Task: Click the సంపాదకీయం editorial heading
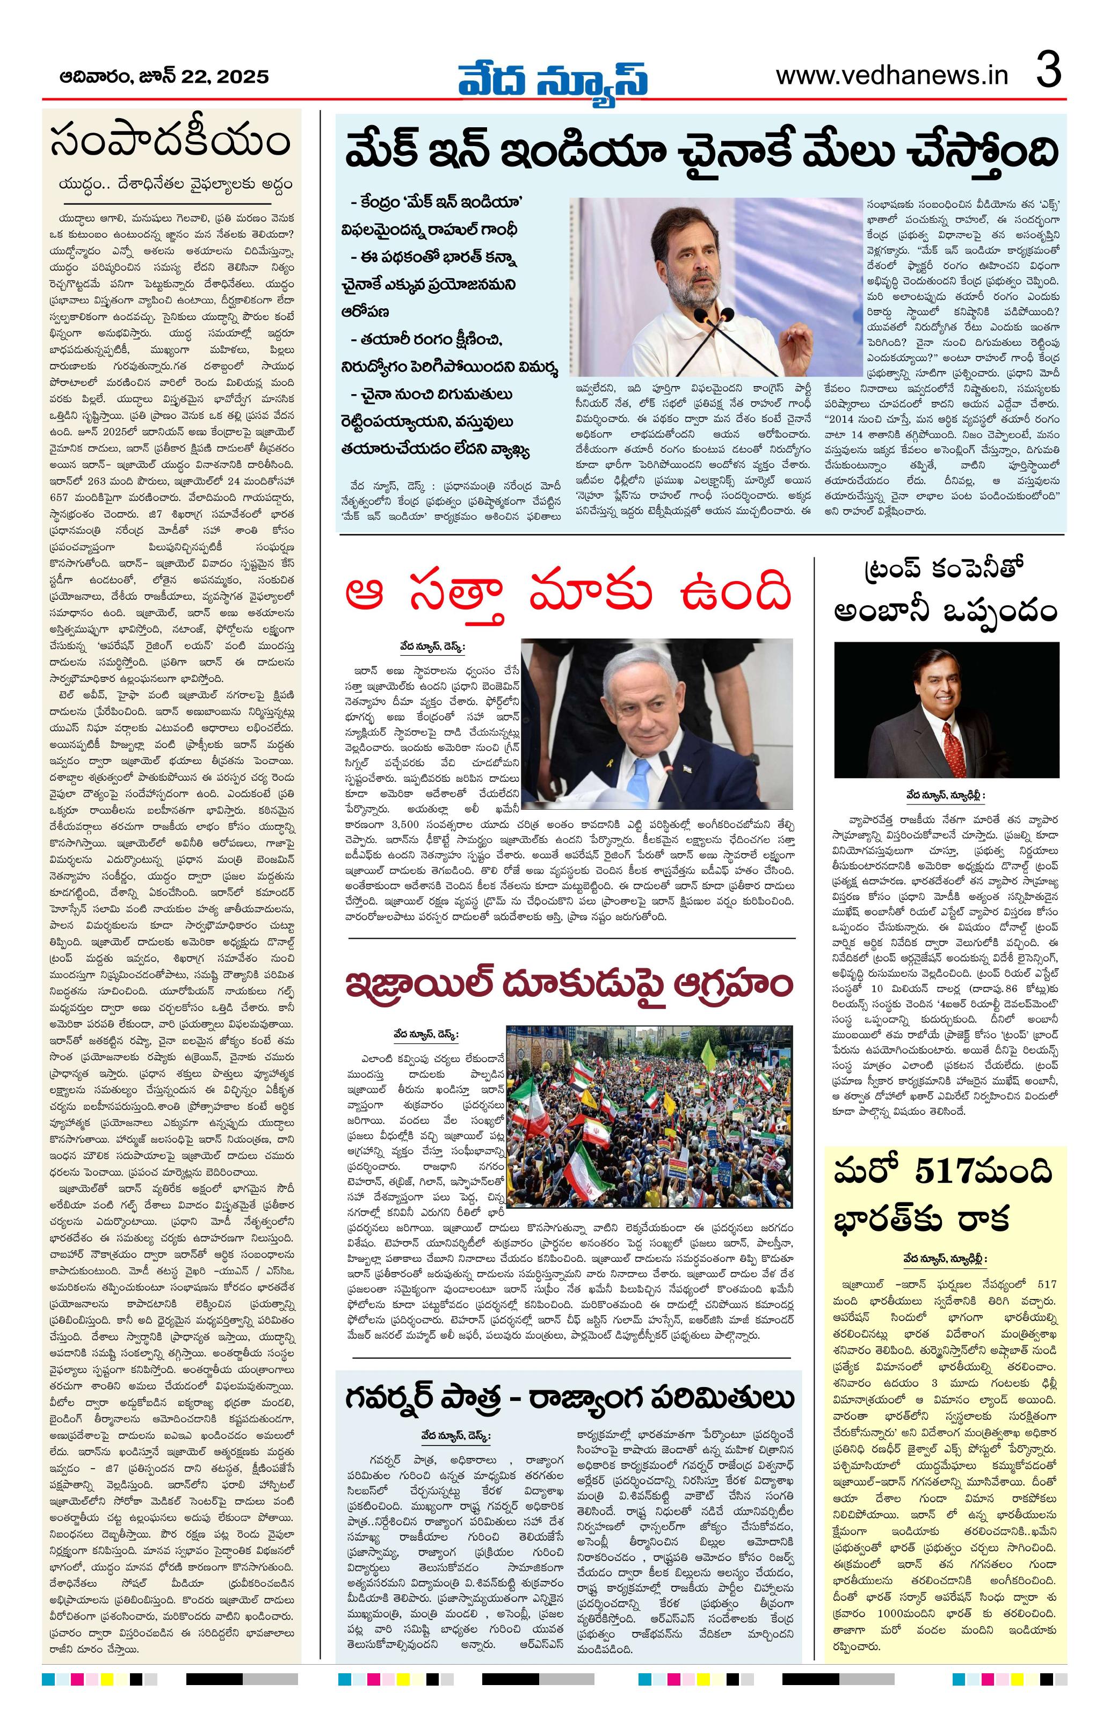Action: pos(171,142)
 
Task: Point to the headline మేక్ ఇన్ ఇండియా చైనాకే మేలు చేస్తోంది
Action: pos(701,153)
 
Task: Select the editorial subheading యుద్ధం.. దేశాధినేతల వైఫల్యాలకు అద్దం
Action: pos(176,184)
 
